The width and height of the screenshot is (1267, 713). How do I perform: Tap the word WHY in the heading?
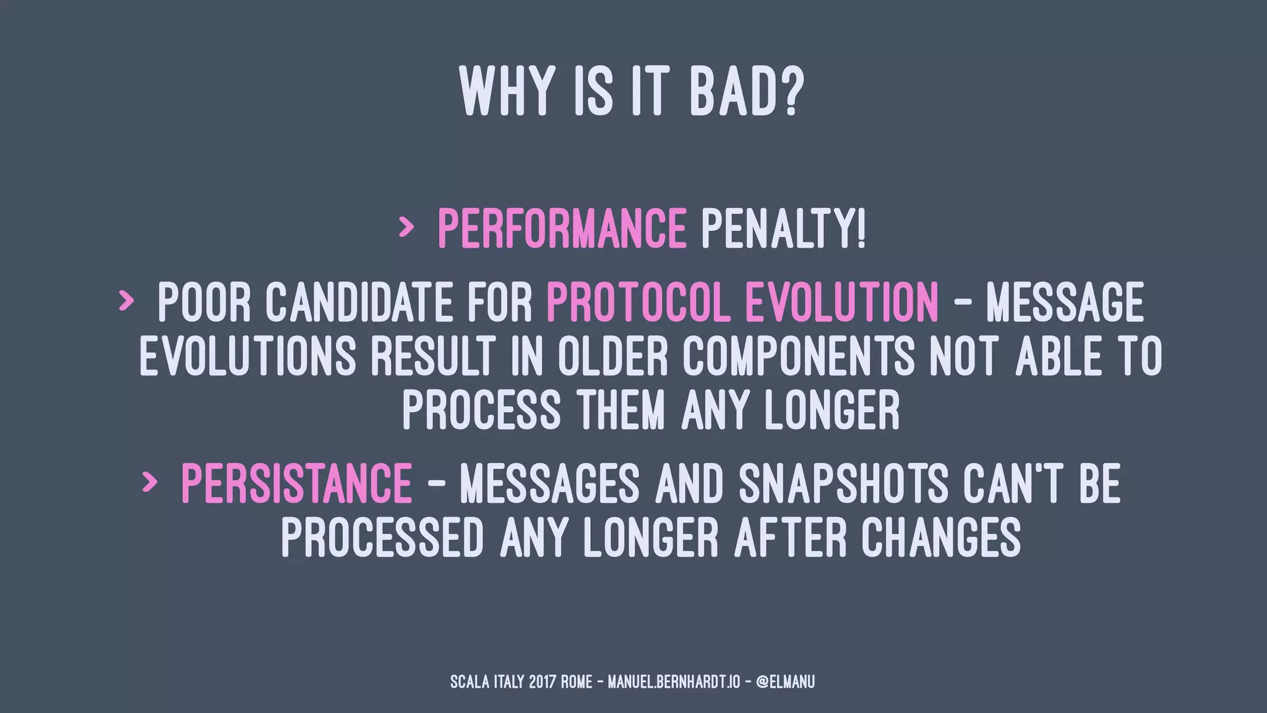[505, 92]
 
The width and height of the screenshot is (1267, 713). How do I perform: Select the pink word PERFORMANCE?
[562, 228]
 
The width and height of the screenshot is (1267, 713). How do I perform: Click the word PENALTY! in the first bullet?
[783, 228]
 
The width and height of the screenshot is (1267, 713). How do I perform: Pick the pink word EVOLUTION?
[842, 303]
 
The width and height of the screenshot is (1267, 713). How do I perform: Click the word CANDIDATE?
[359, 303]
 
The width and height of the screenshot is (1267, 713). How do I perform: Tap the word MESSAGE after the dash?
[1065, 303]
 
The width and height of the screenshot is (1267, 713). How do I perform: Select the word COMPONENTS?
[799, 356]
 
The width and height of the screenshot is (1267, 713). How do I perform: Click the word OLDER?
[612, 356]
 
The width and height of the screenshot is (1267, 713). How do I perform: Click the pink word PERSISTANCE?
[296, 483]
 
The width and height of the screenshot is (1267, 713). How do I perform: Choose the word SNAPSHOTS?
[843, 483]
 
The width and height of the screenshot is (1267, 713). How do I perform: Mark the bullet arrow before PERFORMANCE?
[406, 228]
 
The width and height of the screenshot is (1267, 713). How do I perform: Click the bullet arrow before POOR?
[126, 301]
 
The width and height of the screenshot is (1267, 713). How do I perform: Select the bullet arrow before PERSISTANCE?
[149, 482]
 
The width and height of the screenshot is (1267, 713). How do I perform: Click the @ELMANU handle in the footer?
[785, 682]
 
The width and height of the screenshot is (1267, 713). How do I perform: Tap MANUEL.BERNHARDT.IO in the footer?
[674, 682]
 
